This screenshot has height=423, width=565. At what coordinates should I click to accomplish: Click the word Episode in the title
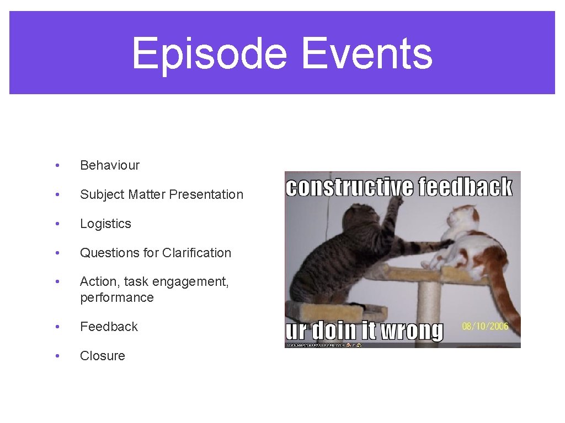[x=209, y=54]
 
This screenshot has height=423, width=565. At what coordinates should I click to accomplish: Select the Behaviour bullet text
[x=110, y=165]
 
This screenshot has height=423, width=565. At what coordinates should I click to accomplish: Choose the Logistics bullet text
[x=105, y=224]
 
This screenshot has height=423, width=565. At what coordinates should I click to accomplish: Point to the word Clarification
[x=196, y=253]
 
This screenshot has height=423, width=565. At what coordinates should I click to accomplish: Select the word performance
[x=116, y=297]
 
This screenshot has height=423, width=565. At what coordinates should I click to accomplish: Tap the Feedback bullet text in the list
[x=109, y=327]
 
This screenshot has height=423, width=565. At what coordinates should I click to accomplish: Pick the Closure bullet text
[x=102, y=356]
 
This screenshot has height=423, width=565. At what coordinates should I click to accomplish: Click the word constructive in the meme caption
[x=349, y=187]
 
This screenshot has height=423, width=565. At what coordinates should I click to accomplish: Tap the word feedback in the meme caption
[x=465, y=187]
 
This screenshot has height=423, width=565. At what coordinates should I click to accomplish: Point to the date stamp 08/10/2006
[x=485, y=327]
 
